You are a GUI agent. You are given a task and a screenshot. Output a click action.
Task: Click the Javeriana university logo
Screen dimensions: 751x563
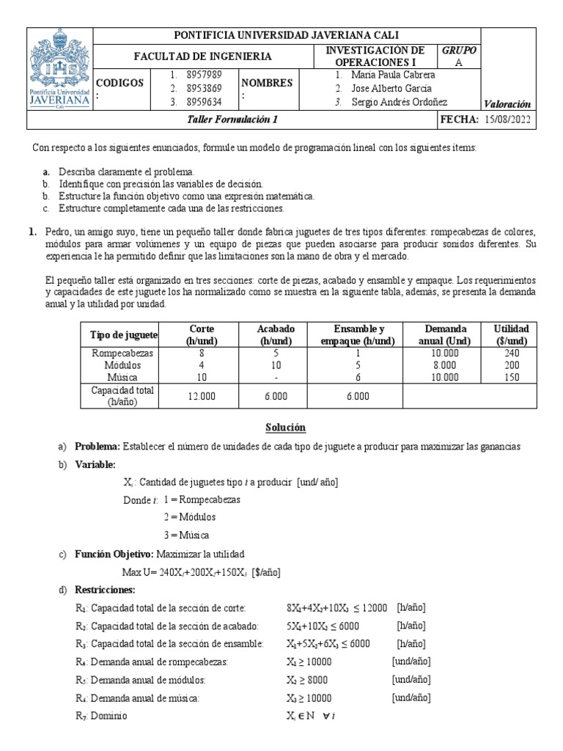(60, 68)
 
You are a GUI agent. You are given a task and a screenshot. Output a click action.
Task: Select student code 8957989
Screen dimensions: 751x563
(205, 74)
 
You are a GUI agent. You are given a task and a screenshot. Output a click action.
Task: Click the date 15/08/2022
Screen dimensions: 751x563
(509, 119)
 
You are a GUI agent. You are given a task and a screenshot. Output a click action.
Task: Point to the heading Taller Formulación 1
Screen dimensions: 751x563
(233, 119)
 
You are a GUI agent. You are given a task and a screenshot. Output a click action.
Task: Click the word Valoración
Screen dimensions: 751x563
(507, 104)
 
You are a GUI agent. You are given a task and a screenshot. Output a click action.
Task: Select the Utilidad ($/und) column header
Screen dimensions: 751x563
(511, 335)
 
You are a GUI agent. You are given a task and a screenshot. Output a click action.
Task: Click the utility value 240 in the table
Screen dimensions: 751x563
(511, 353)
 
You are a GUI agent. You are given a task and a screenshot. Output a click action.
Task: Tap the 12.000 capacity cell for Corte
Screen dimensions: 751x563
(202, 396)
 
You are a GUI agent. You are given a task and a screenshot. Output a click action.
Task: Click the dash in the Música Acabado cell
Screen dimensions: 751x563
(275, 377)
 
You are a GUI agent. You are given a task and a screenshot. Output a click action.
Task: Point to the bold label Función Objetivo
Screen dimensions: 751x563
(114, 554)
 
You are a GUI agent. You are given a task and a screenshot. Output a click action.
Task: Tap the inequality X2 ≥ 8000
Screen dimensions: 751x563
(309, 679)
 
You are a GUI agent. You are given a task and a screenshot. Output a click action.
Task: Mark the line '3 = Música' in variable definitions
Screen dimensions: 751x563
(186, 535)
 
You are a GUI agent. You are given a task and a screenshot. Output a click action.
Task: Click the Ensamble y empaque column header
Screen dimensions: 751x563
(358, 335)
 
